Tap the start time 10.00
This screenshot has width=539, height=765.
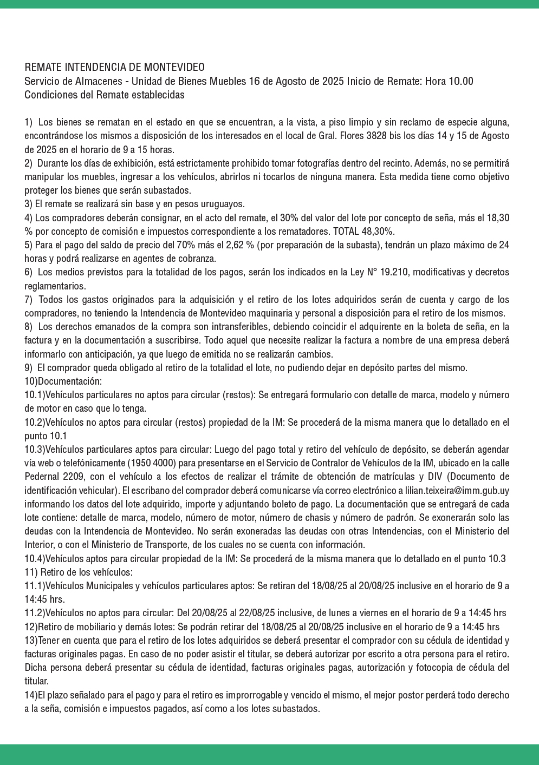coord(462,81)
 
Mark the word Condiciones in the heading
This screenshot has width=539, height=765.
coord(48,95)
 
